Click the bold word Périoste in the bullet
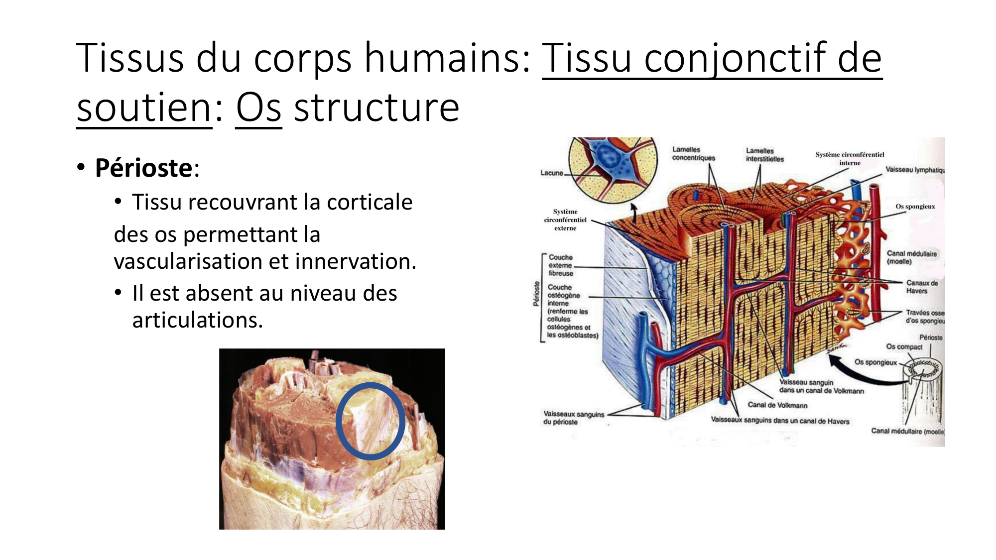tap(143, 168)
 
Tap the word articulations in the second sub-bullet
tap(197, 320)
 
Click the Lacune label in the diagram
tap(552, 173)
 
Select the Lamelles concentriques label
tap(693, 153)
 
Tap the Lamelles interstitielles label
tap(764, 155)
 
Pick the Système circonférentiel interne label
tap(850, 158)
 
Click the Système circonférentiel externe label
tap(565, 220)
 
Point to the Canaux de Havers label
tap(921, 287)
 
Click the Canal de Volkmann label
tap(777, 405)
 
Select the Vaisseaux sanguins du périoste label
tap(573, 418)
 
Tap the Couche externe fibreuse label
tap(561, 265)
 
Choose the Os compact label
tap(904, 346)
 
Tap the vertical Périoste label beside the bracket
tap(536, 294)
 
